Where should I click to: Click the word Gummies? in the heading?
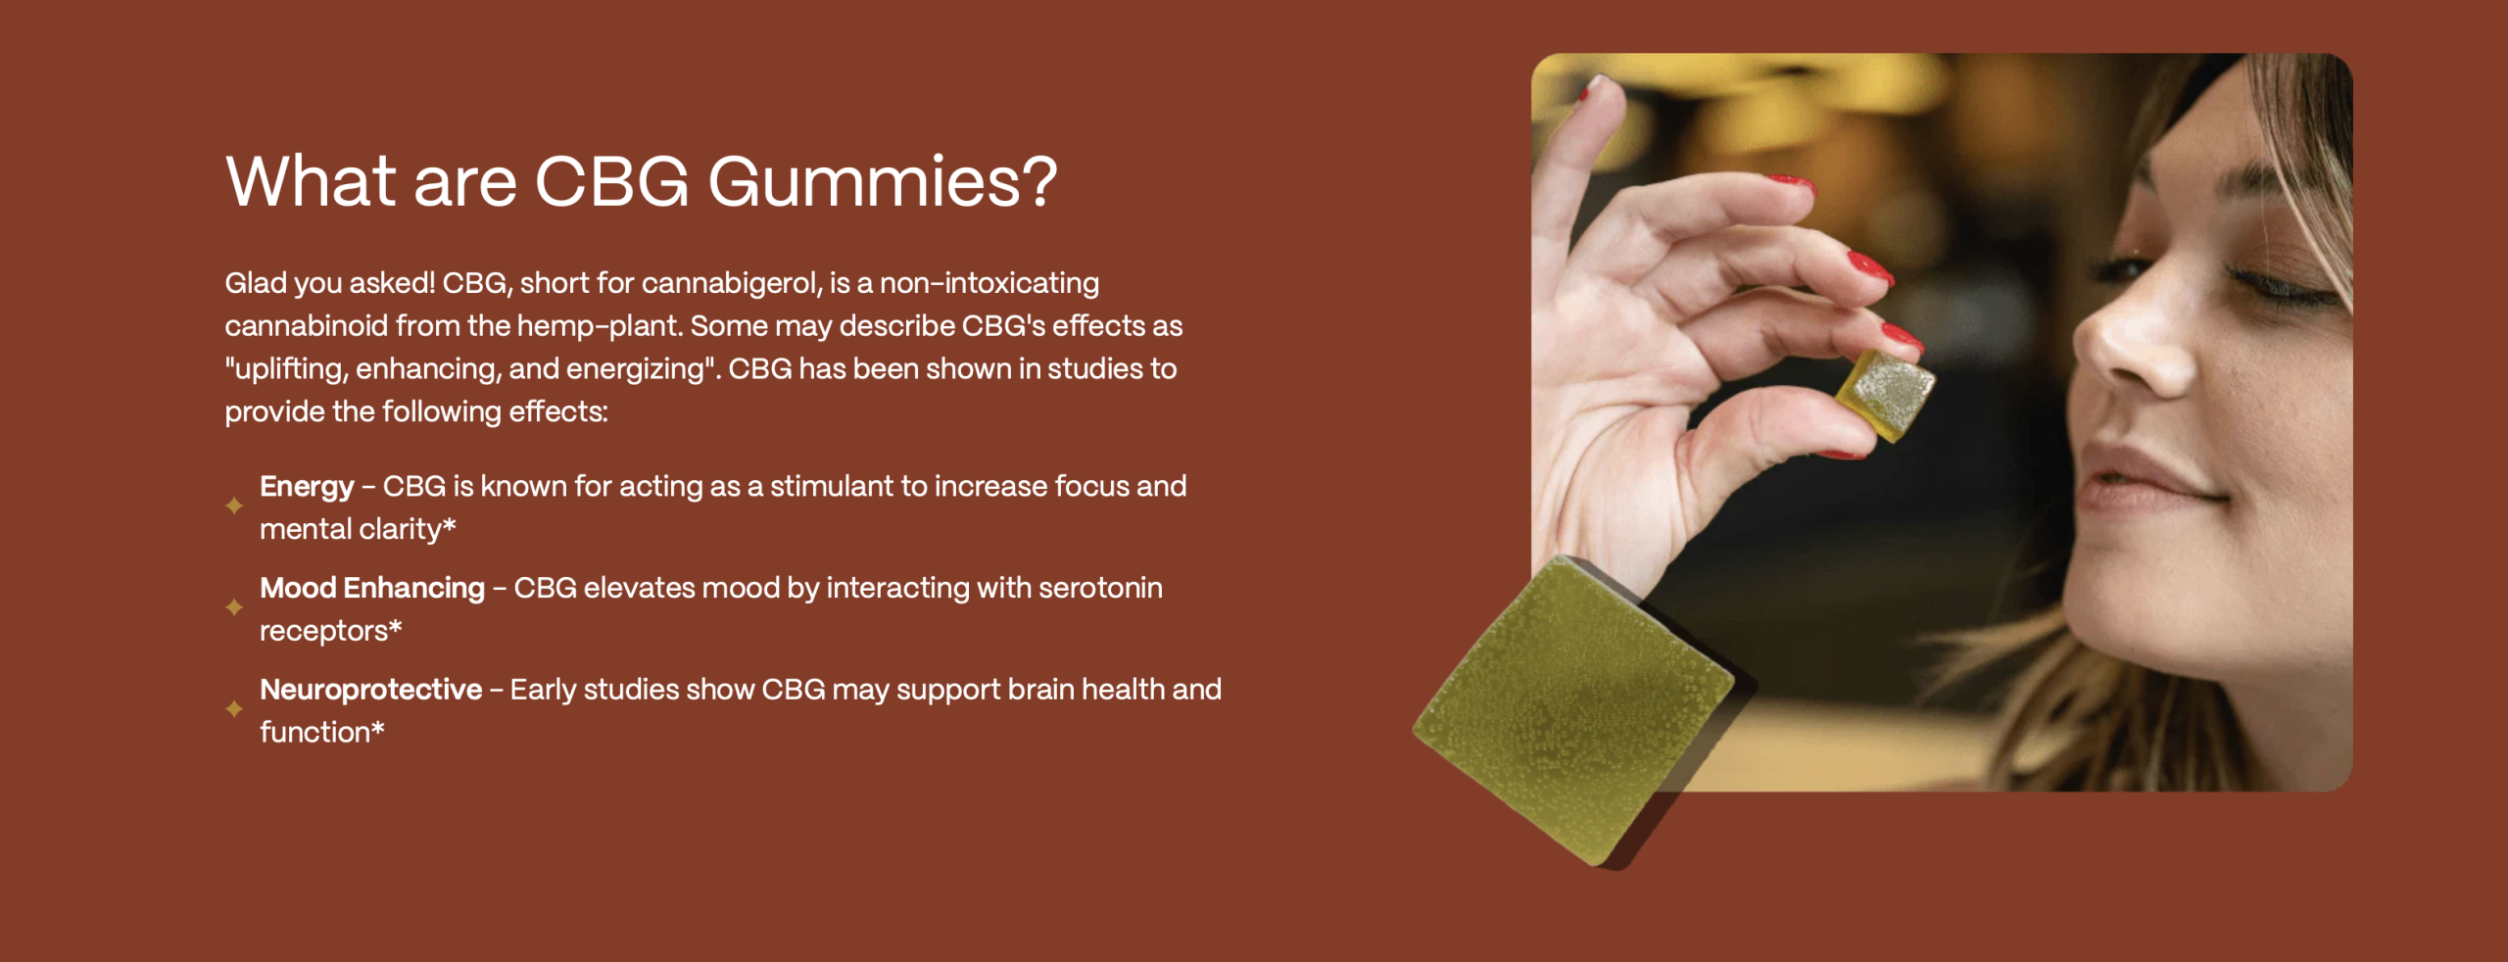click(x=882, y=182)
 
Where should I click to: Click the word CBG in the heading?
click(x=612, y=181)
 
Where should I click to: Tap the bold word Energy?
click(x=307, y=487)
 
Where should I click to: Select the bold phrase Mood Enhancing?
click(x=372, y=588)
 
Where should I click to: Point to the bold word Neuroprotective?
click(x=371, y=689)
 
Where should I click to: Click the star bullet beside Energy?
click(x=234, y=505)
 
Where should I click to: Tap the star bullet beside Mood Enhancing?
click(x=234, y=607)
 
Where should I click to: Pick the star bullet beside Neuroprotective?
click(x=234, y=708)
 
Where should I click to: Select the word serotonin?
click(x=1100, y=588)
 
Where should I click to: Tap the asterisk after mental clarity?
click(x=450, y=526)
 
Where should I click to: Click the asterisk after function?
click(x=378, y=729)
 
